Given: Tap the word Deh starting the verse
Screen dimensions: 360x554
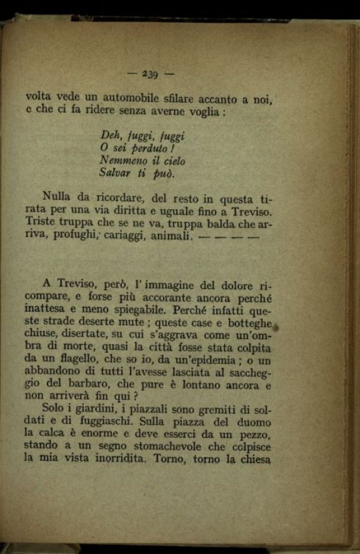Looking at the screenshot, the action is (x=109, y=136).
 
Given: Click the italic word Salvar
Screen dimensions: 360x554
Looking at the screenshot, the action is (x=114, y=173).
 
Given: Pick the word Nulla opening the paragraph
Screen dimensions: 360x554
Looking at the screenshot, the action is (x=56, y=197).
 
